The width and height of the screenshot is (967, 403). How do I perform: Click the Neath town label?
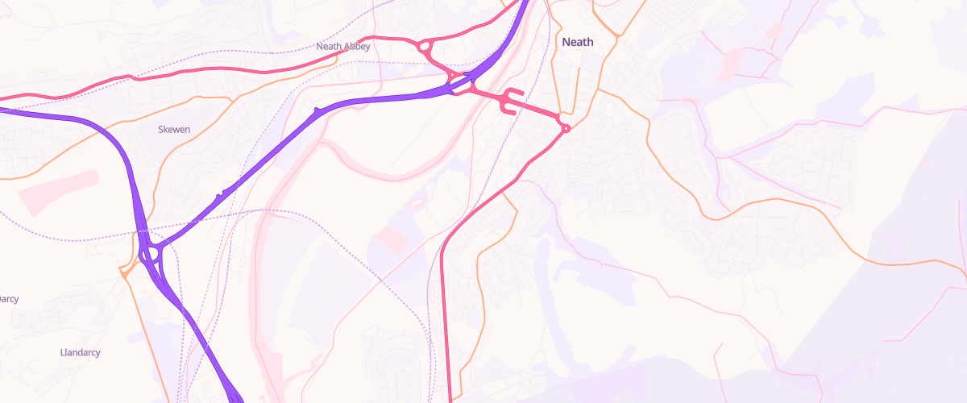point(577,42)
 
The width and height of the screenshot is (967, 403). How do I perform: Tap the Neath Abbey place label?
point(342,47)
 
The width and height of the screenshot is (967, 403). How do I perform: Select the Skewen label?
point(173,129)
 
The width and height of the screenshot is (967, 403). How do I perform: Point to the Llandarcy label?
point(81,353)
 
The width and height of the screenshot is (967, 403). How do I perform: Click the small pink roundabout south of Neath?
point(566,128)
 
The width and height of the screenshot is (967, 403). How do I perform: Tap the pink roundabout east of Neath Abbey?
point(424,48)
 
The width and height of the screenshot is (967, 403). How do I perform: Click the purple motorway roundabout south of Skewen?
point(150,255)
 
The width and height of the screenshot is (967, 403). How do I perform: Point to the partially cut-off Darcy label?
point(8,299)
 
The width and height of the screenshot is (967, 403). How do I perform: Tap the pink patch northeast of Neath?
point(733,60)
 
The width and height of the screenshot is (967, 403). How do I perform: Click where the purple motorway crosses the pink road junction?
point(460,81)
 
